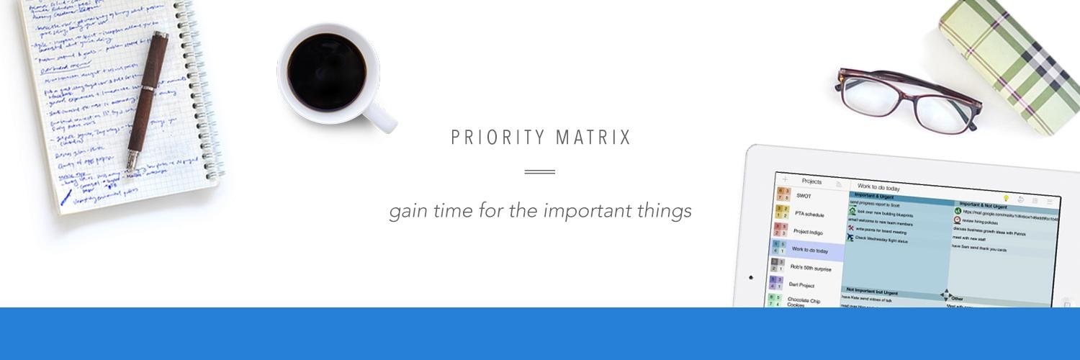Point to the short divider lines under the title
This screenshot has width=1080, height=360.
[540, 172]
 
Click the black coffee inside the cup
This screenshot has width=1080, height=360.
[326, 73]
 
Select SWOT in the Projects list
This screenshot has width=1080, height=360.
[804, 196]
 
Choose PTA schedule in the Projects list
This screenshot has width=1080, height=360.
[809, 214]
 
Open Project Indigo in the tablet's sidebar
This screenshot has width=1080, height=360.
[809, 232]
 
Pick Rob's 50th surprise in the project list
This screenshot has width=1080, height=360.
[811, 268]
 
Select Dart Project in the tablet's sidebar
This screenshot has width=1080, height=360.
[801, 285]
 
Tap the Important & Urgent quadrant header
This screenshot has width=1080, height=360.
[874, 195]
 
